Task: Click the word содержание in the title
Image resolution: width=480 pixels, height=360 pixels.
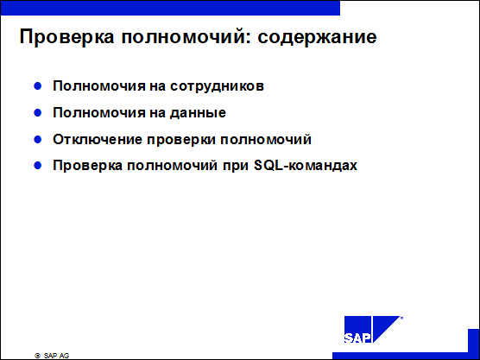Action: point(317,37)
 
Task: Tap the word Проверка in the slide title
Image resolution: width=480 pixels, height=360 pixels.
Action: point(66,37)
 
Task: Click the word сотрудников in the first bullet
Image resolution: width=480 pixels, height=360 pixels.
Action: point(217,86)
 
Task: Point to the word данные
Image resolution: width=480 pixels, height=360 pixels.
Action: point(198,113)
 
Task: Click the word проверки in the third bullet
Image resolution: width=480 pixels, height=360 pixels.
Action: point(181,140)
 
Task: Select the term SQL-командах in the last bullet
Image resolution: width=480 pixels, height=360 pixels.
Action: point(306,166)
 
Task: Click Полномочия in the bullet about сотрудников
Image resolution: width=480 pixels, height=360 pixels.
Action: point(99,86)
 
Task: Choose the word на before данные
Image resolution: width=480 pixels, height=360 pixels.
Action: point(157,113)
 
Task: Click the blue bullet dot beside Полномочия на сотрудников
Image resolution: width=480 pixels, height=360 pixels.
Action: point(38,86)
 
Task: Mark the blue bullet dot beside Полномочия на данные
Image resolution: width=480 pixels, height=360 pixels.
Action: point(38,113)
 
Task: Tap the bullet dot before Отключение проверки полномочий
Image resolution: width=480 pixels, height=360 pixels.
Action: point(38,140)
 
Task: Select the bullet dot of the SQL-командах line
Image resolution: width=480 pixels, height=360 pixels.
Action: point(38,166)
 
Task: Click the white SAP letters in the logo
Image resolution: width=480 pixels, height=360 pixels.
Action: point(357,338)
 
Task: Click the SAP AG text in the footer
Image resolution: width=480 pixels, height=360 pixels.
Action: point(56,356)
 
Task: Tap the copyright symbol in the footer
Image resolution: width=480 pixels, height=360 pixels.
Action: point(38,356)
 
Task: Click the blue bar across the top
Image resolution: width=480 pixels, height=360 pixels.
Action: point(170,8)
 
